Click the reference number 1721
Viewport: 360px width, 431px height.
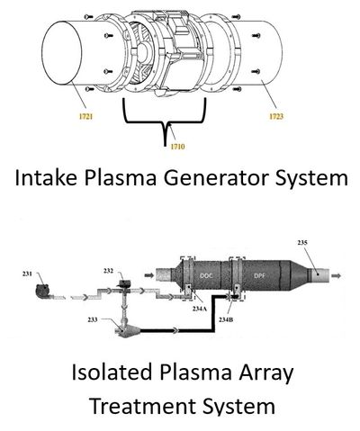pyautogui.click(x=85, y=116)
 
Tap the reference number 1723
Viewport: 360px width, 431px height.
pyautogui.click(x=276, y=116)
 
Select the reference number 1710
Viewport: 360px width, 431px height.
pyautogui.click(x=177, y=147)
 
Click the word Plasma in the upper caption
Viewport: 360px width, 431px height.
pyautogui.click(x=120, y=177)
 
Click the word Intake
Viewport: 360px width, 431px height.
pyautogui.click(x=46, y=177)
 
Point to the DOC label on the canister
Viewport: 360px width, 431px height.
pyautogui.click(x=206, y=275)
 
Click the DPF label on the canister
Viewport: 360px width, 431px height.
pyautogui.click(x=259, y=275)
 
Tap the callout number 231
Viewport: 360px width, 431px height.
pyautogui.click(x=27, y=274)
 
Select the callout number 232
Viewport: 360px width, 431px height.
pyautogui.click(x=109, y=271)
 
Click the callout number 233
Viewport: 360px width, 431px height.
pyautogui.click(x=93, y=319)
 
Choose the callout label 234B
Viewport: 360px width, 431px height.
pyautogui.click(x=226, y=319)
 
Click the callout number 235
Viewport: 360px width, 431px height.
pyautogui.click(x=302, y=243)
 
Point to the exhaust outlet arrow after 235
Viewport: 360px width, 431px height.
pyautogui.click(x=337, y=275)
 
